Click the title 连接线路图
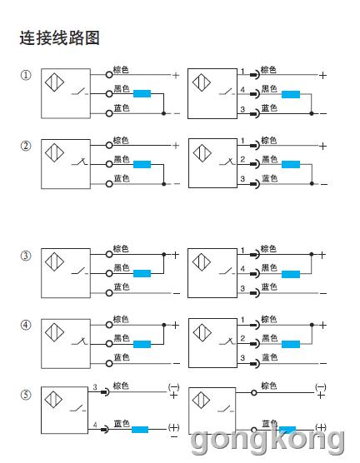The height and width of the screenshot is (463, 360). click(59, 37)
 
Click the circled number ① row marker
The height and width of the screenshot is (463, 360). click(26, 75)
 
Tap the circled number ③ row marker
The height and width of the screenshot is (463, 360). click(26, 256)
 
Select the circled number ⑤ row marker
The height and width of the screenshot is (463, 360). click(26, 395)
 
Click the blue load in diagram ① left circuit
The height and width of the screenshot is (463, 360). click(142, 93)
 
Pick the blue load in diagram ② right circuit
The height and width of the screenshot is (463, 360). click(291, 165)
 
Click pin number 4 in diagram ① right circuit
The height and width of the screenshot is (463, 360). click(242, 89)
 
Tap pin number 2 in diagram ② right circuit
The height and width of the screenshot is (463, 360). click(242, 159)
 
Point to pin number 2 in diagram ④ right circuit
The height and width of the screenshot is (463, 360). click(242, 338)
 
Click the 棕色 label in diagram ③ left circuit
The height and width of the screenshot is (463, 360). click(121, 249)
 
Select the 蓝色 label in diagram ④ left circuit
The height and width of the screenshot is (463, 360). click(122, 357)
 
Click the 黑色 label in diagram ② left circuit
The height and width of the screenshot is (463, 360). click(122, 159)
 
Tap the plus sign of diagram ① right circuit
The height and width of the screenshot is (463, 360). click(323, 75)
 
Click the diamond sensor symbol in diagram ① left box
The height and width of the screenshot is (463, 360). click(54, 82)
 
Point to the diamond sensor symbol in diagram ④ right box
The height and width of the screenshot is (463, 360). click(202, 332)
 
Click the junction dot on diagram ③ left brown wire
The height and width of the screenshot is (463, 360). click(164, 254)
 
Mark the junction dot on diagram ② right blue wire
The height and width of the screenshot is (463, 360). click(312, 184)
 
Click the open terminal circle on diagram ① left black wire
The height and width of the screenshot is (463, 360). click(109, 94)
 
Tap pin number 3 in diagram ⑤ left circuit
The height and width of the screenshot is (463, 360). click(95, 387)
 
